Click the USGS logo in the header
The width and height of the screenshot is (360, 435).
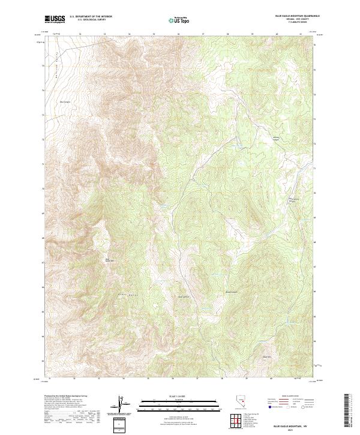(55, 19)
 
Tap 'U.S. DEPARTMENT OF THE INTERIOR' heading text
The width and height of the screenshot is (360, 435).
(91, 17)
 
